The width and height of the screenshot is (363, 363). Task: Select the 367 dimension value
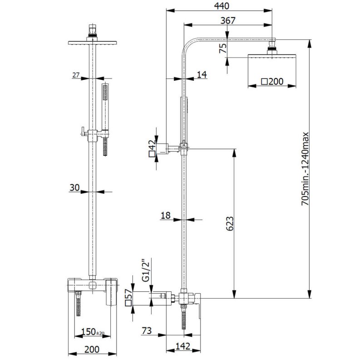click(228, 20)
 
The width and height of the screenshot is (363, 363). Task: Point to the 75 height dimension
click(222, 49)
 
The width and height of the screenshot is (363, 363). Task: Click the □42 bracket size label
click(152, 148)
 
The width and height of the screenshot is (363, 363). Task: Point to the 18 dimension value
click(165, 216)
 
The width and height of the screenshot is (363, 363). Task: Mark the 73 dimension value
click(147, 331)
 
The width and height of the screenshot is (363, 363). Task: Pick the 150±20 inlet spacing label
click(93, 332)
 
